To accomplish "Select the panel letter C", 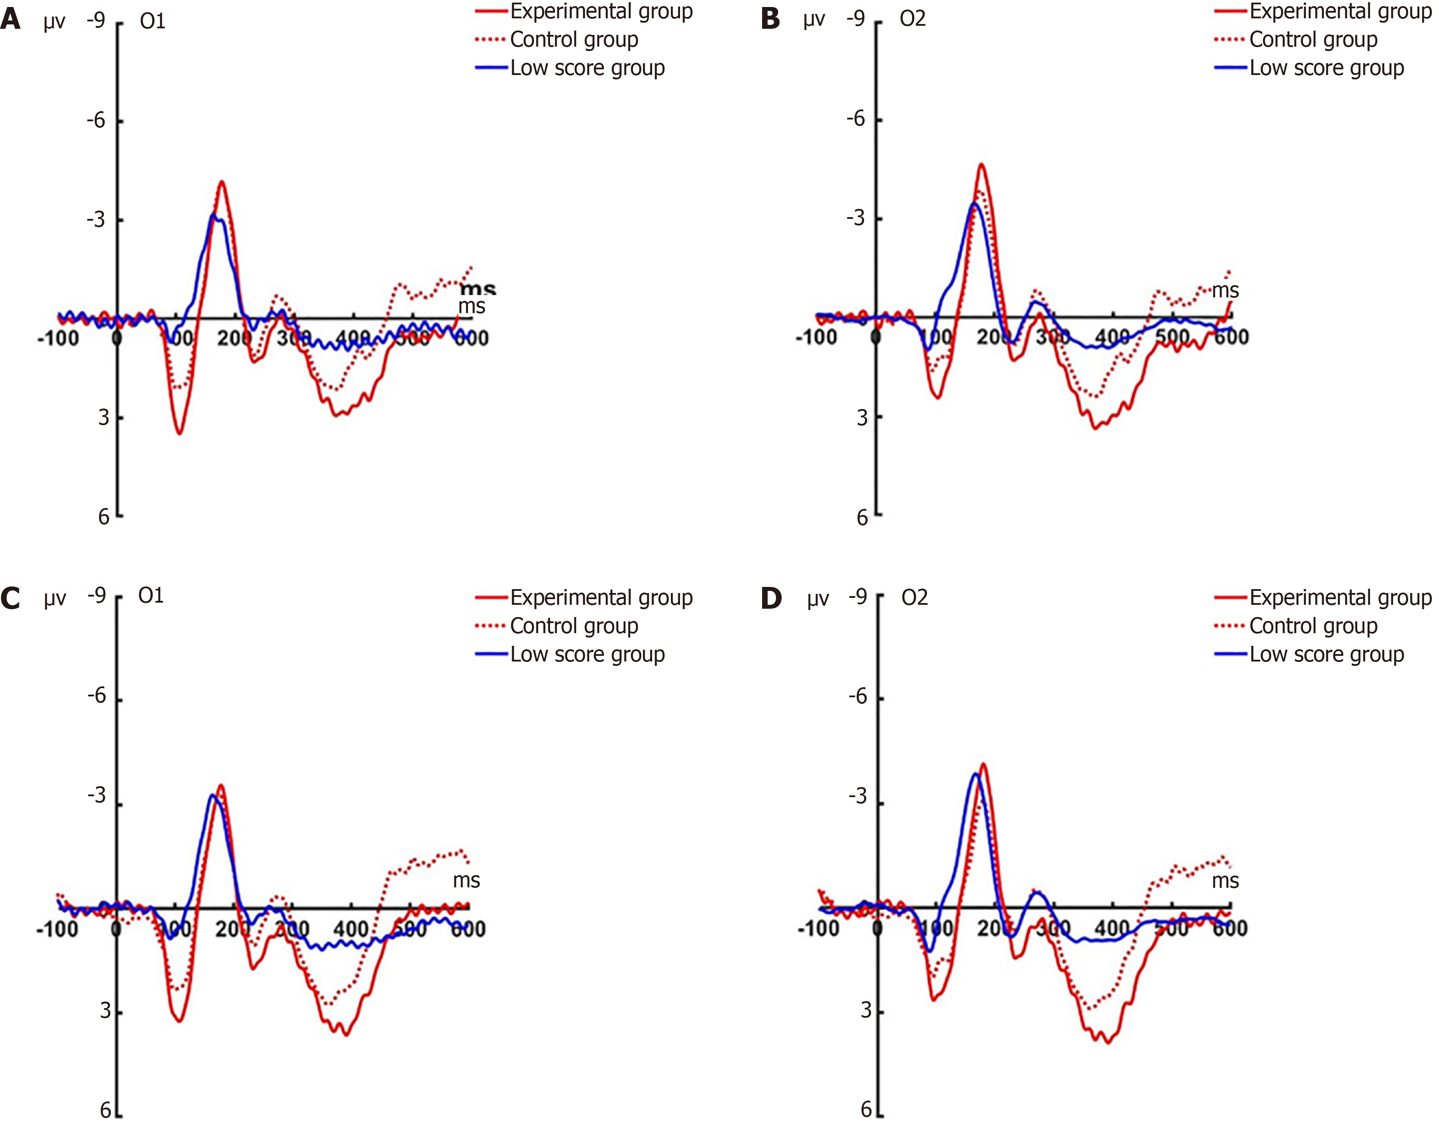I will pyautogui.click(x=10, y=598).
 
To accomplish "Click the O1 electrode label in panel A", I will pyautogui.click(x=153, y=21).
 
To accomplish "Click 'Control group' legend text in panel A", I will pyautogui.click(x=574, y=40).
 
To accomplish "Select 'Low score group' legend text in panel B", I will pyautogui.click(x=1326, y=68).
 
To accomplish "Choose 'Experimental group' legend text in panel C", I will pyautogui.click(x=601, y=598).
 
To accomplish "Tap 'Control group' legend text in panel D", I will pyautogui.click(x=1313, y=626).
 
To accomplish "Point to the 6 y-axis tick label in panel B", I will pyautogui.click(x=861, y=518).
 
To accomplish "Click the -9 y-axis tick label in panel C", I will pyautogui.click(x=97, y=595).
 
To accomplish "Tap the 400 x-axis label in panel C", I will pyautogui.click(x=351, y=928).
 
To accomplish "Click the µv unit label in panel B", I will pyautogui.click(x=814, y=20).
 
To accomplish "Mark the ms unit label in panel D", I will pyautogui.click(x=1225, y=881).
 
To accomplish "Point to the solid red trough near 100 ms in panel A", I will pyautogui.click(x=179, y=433).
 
